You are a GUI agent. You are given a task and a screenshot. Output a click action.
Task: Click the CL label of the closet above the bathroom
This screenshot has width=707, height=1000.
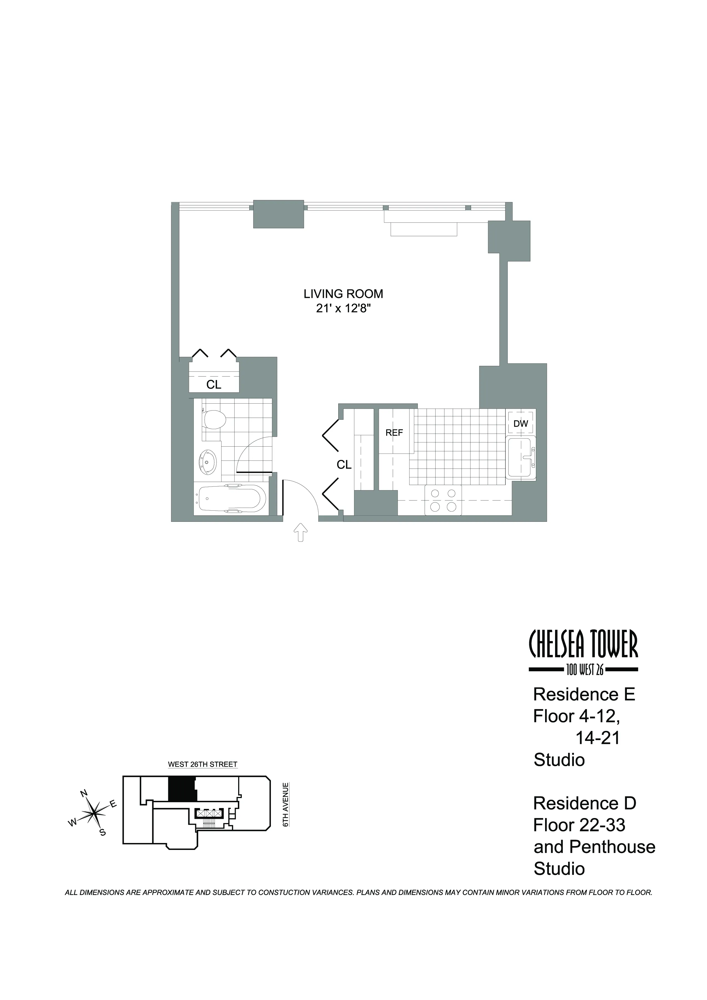[214, 384]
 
